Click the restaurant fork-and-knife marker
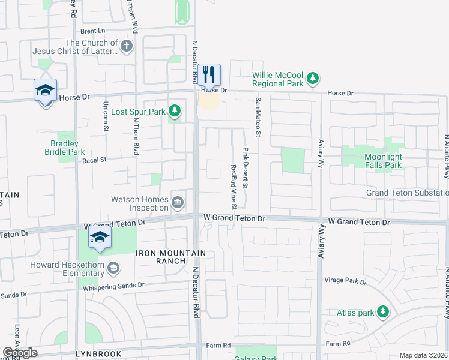209,75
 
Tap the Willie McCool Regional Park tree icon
312,78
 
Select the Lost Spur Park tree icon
174,111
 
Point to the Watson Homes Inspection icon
178,203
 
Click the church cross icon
126,46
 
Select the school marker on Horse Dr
45,91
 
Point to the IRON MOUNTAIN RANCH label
170,253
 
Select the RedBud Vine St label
234,178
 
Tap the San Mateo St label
259,117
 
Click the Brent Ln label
92,31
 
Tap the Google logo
20,353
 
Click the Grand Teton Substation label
408,193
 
